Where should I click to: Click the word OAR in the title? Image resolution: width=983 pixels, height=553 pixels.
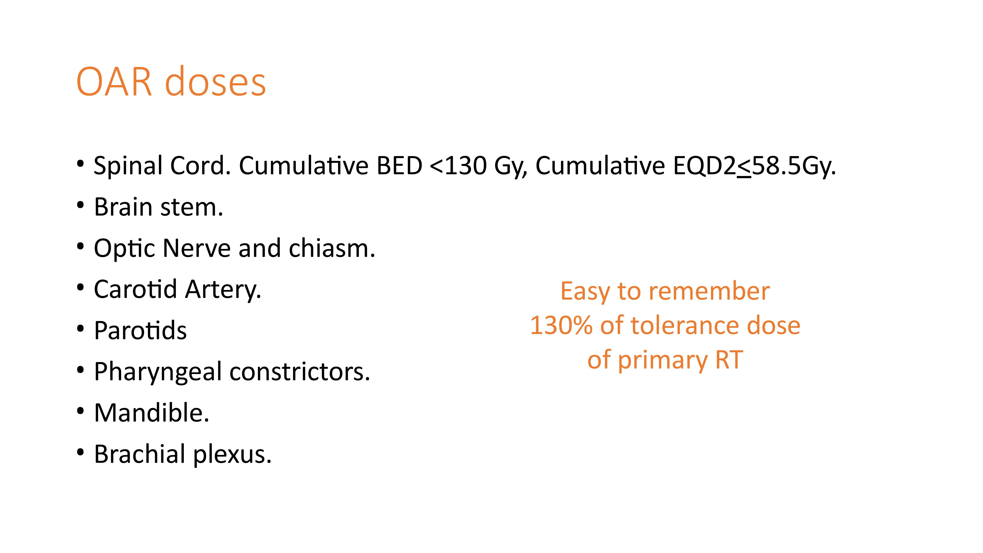(114, 82)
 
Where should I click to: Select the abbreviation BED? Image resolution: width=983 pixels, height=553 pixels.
(399, 166)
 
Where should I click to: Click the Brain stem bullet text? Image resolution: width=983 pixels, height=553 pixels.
(158, 207)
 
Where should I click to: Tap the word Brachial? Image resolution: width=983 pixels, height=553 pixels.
(140, 454)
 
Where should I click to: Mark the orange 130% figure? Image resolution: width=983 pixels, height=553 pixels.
(561, 326)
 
